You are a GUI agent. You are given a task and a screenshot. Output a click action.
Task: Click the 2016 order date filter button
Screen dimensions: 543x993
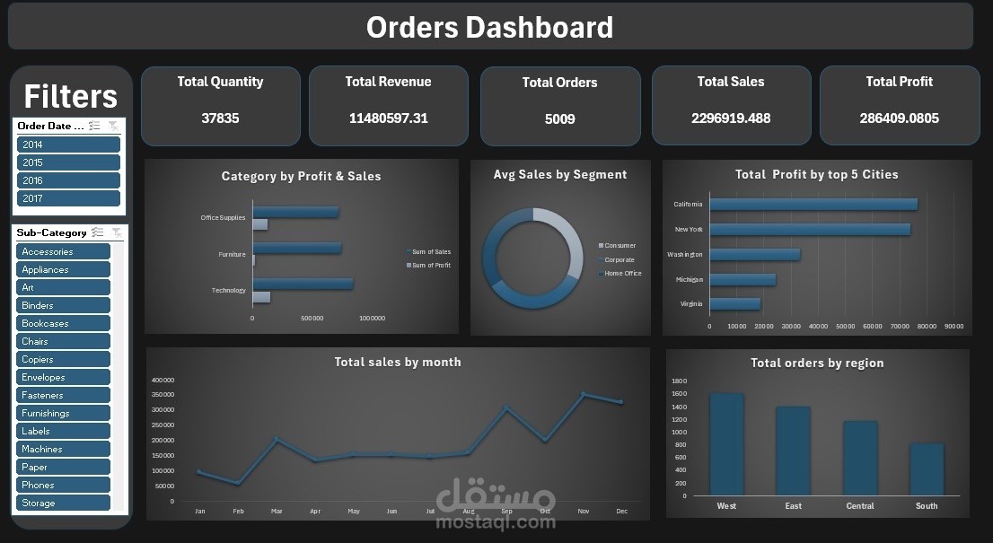[x=68, y=180]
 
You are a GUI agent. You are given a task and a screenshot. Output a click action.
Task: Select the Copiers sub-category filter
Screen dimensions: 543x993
[x=63, y=359]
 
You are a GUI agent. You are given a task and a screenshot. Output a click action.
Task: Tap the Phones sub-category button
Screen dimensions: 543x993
[x=63, y=485]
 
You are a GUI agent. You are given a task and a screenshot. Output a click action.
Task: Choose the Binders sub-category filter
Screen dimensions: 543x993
[x=63, y=305]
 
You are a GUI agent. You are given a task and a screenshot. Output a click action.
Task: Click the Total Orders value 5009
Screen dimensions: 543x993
[x=560, y=118]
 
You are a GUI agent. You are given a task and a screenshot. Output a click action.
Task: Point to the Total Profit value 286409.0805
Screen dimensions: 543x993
[x=899, y=118]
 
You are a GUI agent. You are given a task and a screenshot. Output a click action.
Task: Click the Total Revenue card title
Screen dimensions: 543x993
[x=388, y=82]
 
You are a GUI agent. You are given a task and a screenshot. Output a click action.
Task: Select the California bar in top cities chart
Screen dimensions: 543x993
[x=813, y=205]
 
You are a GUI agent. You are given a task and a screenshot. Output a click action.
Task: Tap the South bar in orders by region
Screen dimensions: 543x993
[x=927, y=469]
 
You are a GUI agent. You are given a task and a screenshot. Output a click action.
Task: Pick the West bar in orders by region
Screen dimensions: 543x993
[x=726, y=444]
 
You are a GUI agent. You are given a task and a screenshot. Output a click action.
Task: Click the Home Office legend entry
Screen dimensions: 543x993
[x=622, y=274]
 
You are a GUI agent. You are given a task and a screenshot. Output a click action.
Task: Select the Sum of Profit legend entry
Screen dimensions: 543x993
[x=431, y=266]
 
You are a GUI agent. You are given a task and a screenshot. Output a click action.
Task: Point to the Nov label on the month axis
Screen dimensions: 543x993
[x=584, y=512]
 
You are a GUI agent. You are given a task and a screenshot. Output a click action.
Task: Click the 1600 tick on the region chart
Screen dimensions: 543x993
[x=679, y=394]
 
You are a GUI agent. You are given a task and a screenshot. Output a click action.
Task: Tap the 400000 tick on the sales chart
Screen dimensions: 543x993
[x=163, y=381]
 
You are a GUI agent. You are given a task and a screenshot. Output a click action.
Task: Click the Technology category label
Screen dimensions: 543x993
[x=228, y=291]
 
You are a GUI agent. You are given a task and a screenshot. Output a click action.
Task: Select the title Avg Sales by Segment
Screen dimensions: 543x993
[x=560, y=175]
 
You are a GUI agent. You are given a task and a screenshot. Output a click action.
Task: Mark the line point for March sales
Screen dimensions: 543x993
[x=277, y=439]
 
